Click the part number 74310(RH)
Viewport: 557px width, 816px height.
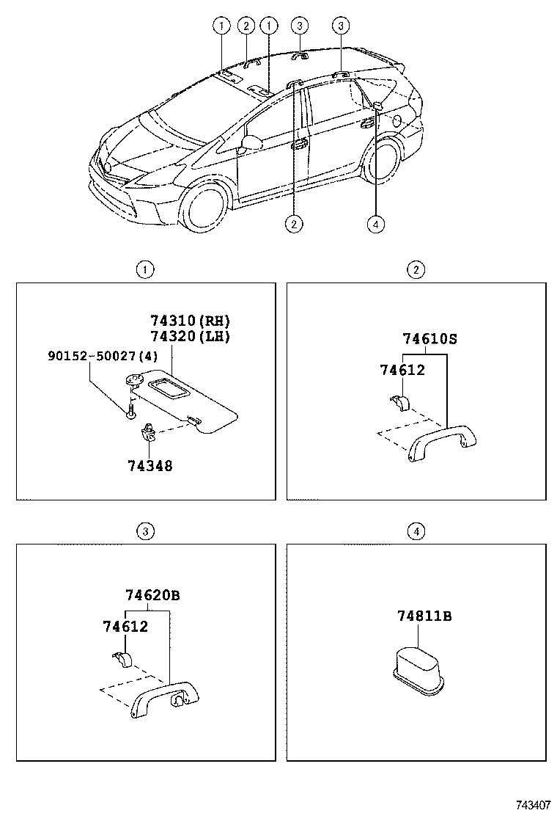click(x=190, y=321)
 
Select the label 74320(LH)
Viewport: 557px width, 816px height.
click(x=190, y=337)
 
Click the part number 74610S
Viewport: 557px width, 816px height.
click(x=429, y=339)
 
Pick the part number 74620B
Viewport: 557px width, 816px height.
click(x=152, y=595)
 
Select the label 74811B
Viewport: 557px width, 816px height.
click(x=424, y=616)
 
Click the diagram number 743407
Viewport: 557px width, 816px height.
click(x=533, y=805)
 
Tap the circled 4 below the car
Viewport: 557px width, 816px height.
click(x=376, y=225)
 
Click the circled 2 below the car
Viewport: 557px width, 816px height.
click(x=295, y=225)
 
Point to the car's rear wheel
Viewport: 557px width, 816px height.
click(x=383, y=162)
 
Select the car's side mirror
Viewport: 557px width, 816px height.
click(x=251, y=142)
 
